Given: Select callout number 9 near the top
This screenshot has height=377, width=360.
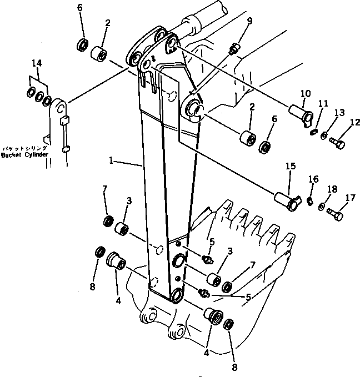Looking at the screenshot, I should [249, 22].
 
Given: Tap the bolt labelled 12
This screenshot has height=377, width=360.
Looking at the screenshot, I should [337, 143].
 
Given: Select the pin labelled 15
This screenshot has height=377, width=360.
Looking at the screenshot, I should [287, 201].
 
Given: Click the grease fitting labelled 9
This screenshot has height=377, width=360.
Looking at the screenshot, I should [236, 50].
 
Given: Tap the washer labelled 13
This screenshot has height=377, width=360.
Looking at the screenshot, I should [324, 136].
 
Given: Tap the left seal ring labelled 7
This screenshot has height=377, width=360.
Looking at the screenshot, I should [107, 222].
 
